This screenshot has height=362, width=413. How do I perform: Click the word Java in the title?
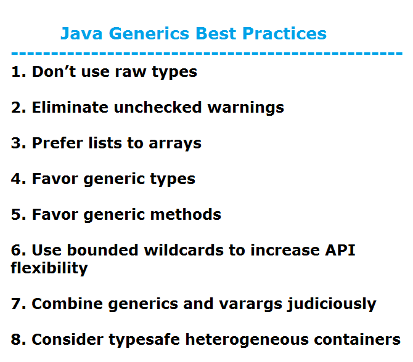point(81,34)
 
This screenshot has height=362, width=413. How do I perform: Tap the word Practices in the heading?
point(284,33)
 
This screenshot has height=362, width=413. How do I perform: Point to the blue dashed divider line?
point(206,54)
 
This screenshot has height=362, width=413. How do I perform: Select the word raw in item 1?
point(131,72)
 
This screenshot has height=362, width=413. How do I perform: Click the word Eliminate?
point(70,107)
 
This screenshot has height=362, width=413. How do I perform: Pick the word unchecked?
point(158,107)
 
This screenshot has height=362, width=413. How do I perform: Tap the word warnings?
point(246,108)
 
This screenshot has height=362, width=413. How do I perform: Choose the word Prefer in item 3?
point(57,143)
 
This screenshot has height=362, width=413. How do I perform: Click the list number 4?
point(17,179)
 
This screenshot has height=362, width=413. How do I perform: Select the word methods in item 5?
point(186,214)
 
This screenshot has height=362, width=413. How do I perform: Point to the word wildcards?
point(184,250)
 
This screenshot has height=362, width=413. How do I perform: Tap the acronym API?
point(340,250)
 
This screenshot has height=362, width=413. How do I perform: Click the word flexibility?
point(49,268)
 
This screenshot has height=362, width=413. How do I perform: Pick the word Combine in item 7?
point(67,304)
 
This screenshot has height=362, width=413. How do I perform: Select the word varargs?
point(250,305)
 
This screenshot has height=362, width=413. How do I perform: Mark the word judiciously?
point(332,304)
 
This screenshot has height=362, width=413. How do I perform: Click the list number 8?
point(17,339)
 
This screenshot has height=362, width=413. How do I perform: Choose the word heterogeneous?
point(247,340)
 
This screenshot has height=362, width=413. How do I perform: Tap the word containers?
point(357,339)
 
